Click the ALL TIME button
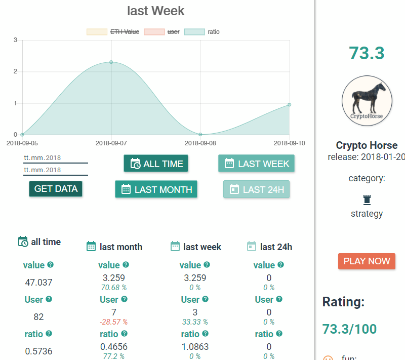[156, 164]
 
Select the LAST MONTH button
[156, 189]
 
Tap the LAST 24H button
[256, 189]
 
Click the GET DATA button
[56, 189]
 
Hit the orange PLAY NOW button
[367, 261]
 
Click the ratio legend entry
[201, 32]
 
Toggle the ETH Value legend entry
[113, 32]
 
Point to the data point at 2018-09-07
[111, 62]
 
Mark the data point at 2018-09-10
[289, 105]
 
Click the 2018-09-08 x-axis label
[200, 143]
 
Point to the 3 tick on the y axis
[16, 40]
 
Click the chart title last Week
[156, 11]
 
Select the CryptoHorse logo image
[367, 101]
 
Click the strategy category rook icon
[367, 200]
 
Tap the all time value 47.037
[38, 282]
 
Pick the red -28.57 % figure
[113, 322]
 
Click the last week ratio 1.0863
[195, 346]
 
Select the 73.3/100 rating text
[349, 329]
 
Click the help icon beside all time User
[49, 299]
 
